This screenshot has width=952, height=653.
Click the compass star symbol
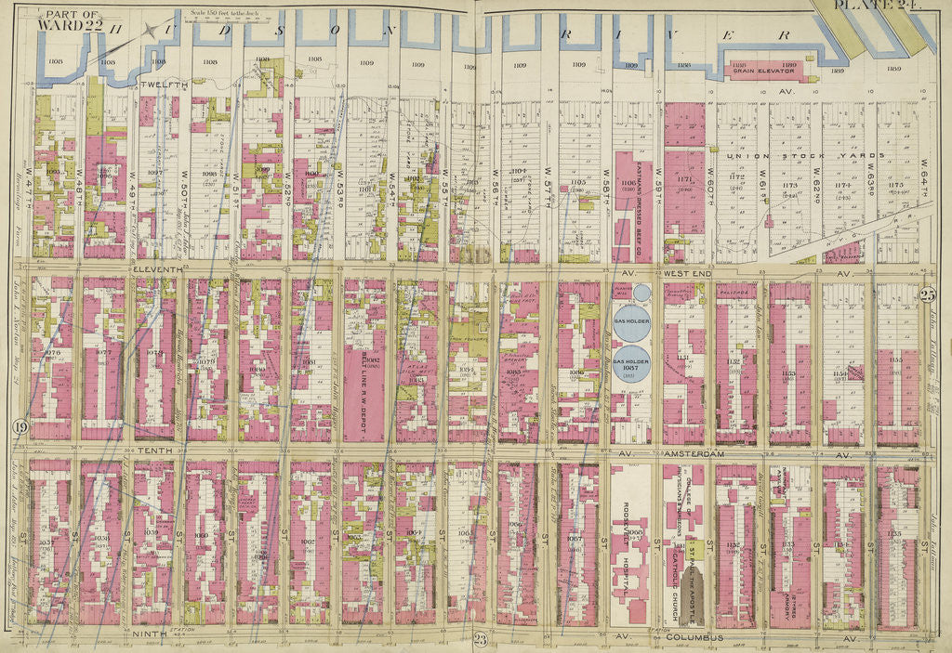tap(160, 30)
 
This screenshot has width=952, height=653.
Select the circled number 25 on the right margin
tap(927, 295)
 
